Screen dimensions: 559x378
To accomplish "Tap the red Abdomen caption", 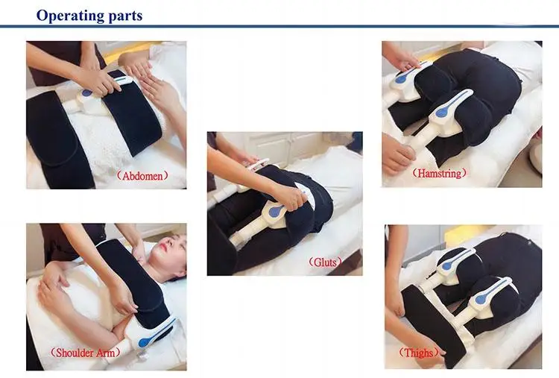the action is click(142, 176).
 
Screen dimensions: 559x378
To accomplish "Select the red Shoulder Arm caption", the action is click(85, 353).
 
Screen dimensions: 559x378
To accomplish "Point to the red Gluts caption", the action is click(325, 262).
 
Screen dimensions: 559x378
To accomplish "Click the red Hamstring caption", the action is click(439, 173).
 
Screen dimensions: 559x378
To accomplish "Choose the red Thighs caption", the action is click(419, 353).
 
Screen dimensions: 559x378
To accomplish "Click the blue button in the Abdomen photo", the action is click(86, 93).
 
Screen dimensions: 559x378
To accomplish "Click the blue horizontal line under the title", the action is click(279, 26).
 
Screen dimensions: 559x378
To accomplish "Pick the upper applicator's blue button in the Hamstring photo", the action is click(401, 79).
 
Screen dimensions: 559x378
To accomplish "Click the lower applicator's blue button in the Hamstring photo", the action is click(440, 113).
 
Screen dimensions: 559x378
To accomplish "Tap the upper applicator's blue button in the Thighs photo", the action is click(447, 265).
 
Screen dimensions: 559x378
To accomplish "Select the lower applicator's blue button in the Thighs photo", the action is click(481, 300).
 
